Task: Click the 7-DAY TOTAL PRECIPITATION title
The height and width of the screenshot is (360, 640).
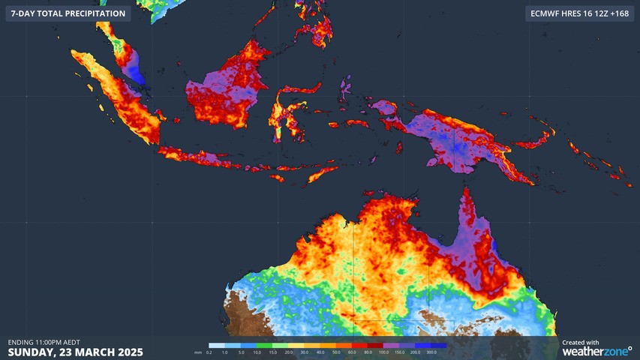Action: coord(68,13)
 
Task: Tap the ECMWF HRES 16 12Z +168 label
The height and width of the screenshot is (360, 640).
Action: coord(578,13)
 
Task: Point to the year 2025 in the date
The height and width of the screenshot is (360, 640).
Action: coord(126,352)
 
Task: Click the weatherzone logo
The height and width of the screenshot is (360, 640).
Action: coord(596,351)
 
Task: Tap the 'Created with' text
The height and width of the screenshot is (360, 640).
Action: coord(580,342)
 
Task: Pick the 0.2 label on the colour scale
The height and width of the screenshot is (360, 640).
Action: coord(209,352)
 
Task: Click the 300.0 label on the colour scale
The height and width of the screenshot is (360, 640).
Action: coord(432,352)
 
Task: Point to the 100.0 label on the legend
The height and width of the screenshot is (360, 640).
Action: coord(383,352)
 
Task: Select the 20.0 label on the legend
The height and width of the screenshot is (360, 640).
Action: coord(288,352)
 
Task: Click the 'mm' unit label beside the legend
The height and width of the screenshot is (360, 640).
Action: coord(198,352)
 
